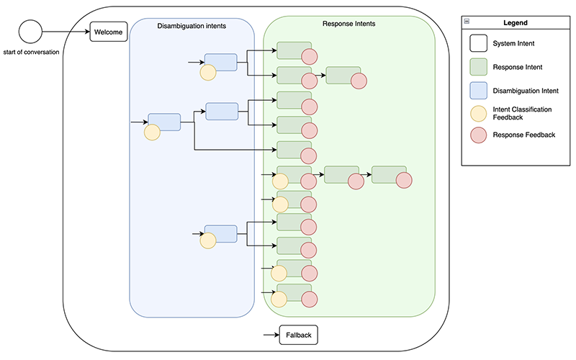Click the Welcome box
pos(109,32)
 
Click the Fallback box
pos(298,335)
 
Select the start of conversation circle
pos(30,31)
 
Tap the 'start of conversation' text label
pos(31,51)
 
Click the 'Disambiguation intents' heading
pos(192,27)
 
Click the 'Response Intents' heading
pos(349,24)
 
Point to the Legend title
pos(515,23)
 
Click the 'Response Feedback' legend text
pos(523,135)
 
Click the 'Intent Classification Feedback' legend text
pos(522,112)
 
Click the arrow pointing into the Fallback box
pos(271,335)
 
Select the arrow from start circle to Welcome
pos(65,31)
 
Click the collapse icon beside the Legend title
pos(467,23)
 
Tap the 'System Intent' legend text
pos(513,44)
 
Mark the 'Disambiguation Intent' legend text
pos(527,90)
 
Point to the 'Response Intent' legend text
pos(517,67)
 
